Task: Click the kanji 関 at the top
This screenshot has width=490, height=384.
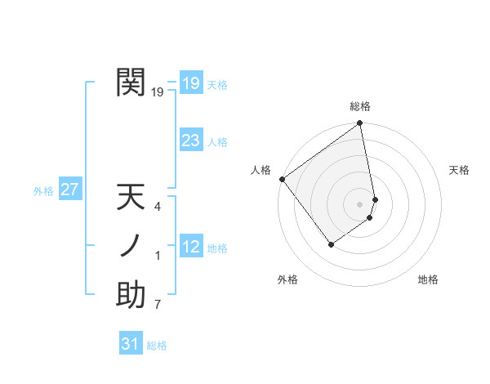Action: (131, 83)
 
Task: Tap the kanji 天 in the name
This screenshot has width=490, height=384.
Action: (131, 199)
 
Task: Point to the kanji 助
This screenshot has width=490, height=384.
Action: (131, 295)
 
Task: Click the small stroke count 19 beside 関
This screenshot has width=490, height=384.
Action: (158, 93)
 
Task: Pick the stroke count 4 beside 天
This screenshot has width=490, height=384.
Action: (158, 207)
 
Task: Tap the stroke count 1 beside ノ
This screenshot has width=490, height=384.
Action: (158, 257)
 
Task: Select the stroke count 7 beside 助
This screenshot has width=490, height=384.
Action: (158, 306)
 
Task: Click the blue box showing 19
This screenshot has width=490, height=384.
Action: (190, 83)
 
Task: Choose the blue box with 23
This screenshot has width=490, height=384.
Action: (190, 141)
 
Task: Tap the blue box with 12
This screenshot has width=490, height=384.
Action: (190, 247)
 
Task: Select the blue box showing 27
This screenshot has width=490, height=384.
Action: (69, 190)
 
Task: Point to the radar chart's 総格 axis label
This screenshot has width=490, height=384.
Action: (360, 106)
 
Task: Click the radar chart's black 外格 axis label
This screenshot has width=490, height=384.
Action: (287, 279)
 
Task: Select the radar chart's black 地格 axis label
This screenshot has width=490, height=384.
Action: (428, 279)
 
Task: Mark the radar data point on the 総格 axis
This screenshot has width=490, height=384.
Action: (360, 124)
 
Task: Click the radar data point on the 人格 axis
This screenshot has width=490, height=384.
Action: (283, 179)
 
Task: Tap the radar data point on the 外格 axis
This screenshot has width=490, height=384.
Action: (332, 243)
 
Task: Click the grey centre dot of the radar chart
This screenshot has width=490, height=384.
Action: (360, 203)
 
